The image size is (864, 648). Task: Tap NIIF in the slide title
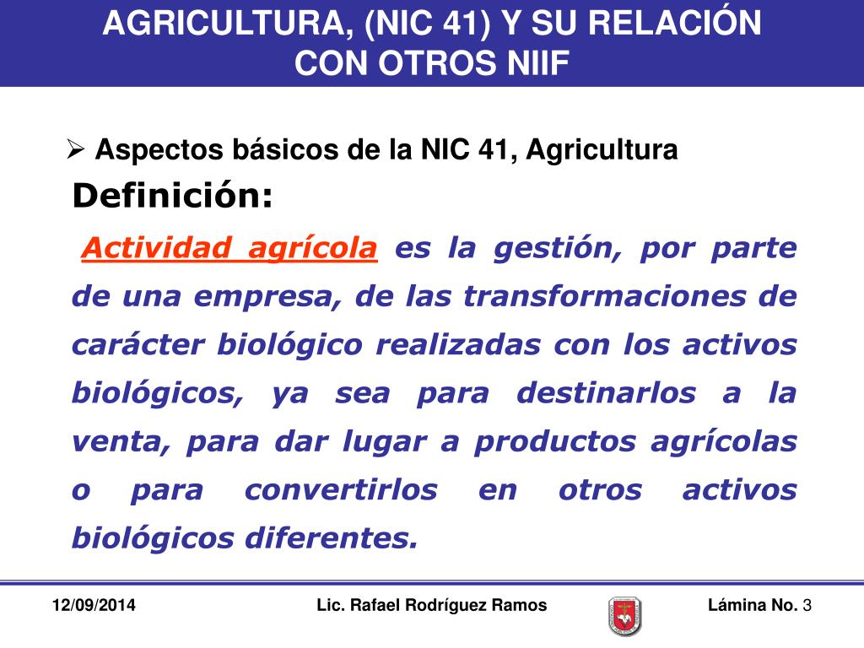(x=526, y=62)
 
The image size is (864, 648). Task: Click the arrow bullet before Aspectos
(x=75, y=149)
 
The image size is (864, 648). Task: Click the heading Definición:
(x=173, y=197)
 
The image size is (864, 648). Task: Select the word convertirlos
(x=341, y=489)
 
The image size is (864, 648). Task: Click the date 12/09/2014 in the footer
(x=94, y=606)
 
